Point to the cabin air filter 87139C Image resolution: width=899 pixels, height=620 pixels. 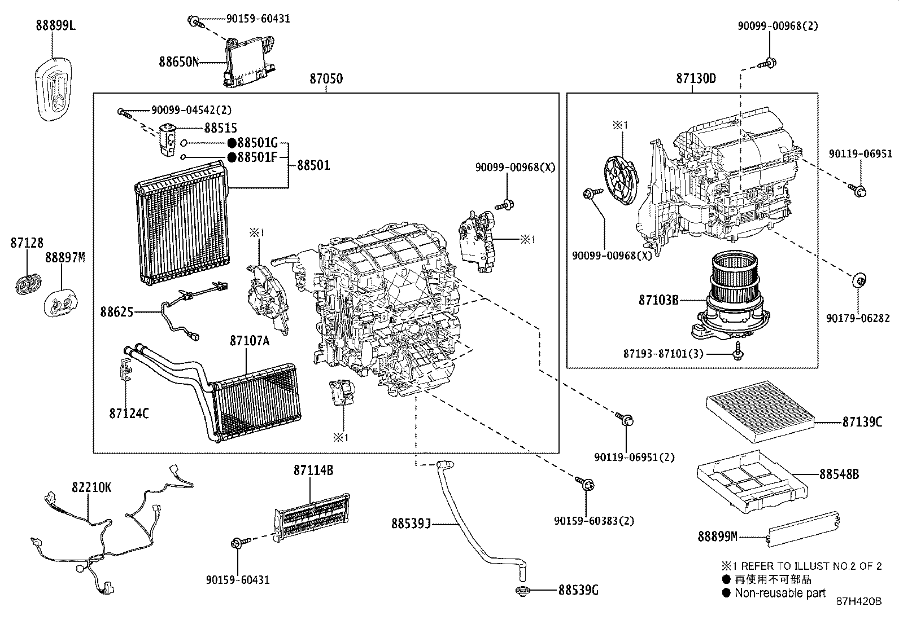pos(760,407)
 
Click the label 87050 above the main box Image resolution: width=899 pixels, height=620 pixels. pos(326,78)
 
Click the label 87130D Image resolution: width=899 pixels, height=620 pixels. pos(696,78)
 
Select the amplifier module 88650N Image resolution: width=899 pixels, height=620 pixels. pos(248,60)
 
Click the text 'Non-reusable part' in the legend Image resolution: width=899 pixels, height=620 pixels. pos(780,592)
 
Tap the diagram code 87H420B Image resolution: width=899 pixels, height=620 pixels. pos(858,602)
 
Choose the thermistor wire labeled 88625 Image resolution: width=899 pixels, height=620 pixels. pos(186,307)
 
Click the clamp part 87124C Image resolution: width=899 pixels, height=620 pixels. pos(125,370)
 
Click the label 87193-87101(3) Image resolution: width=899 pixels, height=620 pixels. pos(663,354)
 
